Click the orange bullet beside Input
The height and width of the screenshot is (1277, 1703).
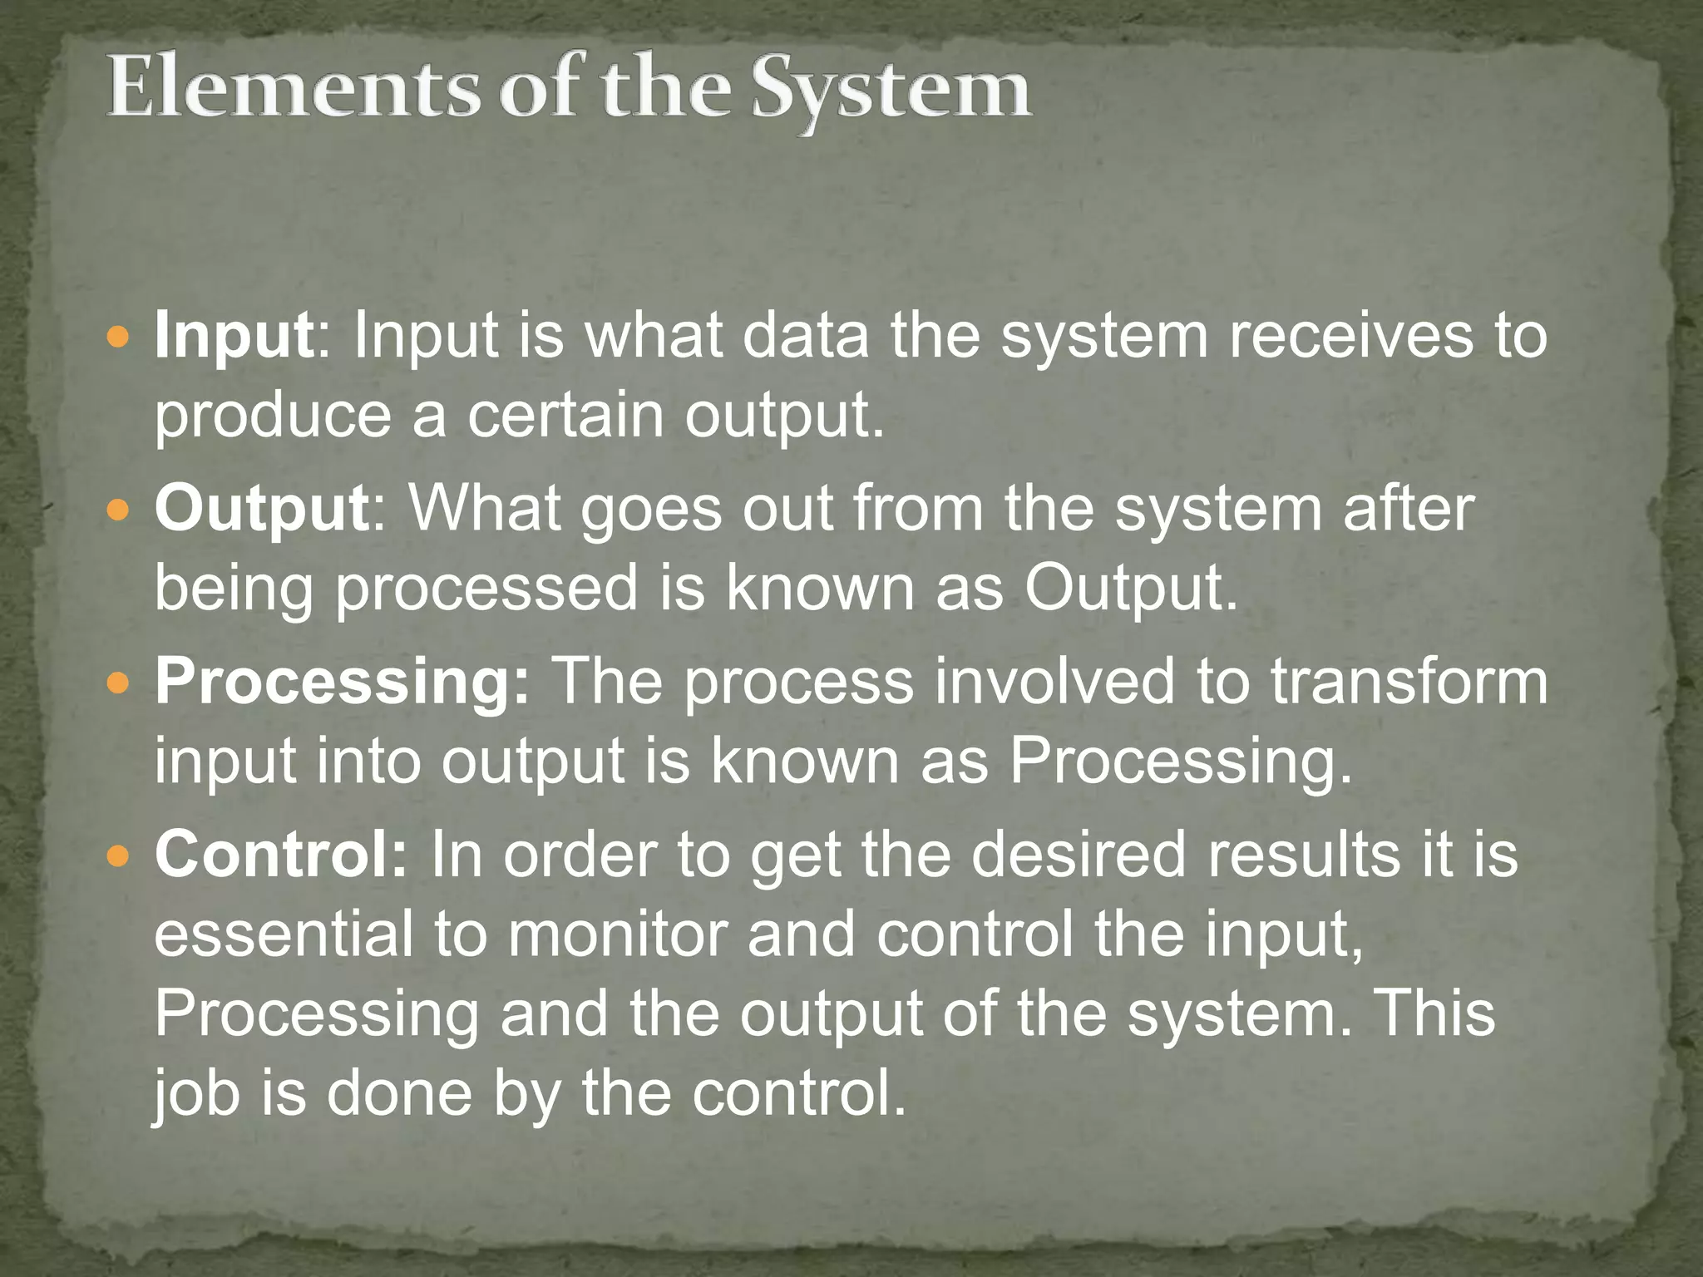coord(120,338)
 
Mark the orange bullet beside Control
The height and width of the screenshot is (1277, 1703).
coord(120,855)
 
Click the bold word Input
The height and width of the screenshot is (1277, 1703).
coord(234,338)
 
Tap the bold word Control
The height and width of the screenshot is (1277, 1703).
coord(280,855)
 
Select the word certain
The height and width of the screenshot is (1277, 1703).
coord(565,415)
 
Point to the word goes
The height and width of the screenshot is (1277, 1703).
coord(651,509)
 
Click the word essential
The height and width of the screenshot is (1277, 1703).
coord(284,934)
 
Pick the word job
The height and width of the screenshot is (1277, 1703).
coord(196,1094)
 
